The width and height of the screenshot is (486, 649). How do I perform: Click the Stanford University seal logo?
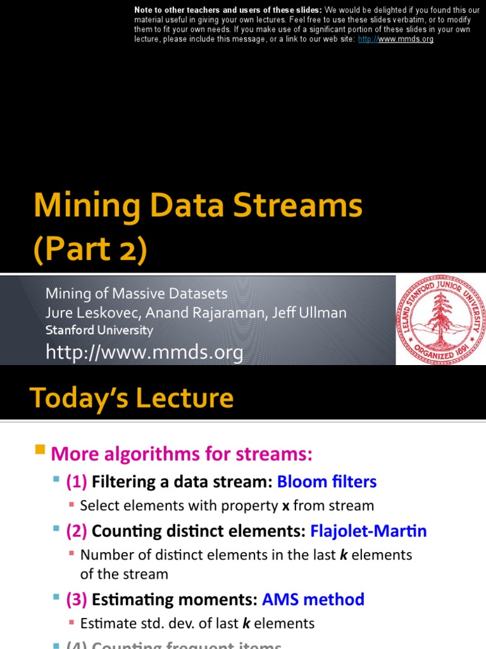pos(440,319)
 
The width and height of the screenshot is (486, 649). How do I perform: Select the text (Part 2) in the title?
pos(90,250)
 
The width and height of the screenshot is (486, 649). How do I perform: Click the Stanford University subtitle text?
pos(99,330)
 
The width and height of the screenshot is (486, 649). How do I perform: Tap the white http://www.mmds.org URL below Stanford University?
pos(144,352)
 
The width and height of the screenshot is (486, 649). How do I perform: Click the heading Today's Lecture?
pos(132,398)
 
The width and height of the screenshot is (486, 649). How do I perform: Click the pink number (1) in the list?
pos(77,482)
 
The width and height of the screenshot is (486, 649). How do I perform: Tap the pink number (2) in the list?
pos(77,531)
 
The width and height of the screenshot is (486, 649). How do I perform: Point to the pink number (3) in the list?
pos(77,600)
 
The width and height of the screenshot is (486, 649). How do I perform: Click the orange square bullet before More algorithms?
pos(40,451)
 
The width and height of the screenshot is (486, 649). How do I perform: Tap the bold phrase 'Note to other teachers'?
pos(184,10)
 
